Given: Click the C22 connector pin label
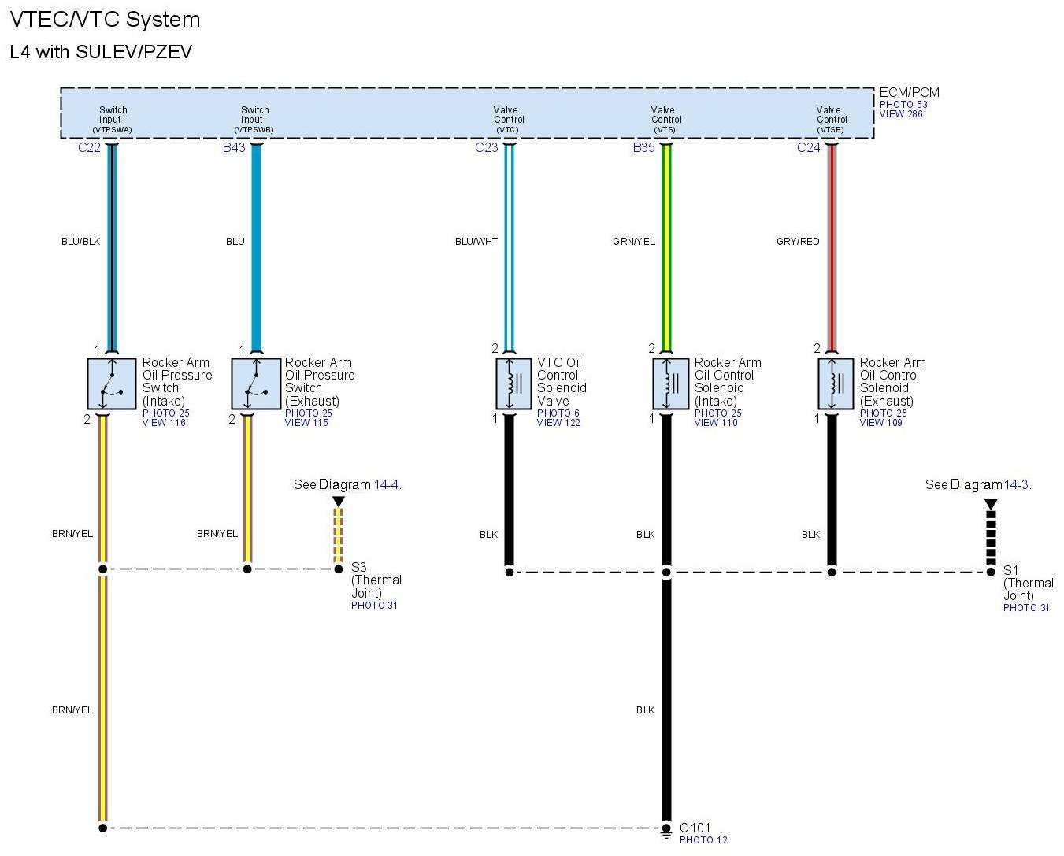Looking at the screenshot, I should (x=89, y=148).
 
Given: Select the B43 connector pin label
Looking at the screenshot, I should (x=234, y=148).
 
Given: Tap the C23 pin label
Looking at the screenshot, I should (x=487, y=148).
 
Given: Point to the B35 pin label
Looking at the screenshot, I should (x=643, y=148).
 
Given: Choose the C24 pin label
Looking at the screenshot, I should (x=809, y=148).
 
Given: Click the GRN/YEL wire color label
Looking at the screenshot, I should (x=633, y=242).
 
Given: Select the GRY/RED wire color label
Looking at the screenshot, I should (x=798, y=242).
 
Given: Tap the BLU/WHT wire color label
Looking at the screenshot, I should (x=476, y=242).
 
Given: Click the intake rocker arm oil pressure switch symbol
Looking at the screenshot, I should (x=111, y=384).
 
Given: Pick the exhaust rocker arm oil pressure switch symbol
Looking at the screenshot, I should (x=256, y=384).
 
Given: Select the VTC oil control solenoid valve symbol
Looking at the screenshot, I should (x=513, y=384).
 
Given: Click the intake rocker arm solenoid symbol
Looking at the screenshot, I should (x=670, y=384).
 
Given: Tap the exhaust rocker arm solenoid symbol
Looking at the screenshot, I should (x=836, y=384).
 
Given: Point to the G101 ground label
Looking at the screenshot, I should (x=695, y=828).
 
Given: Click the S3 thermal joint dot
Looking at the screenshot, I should (x=339, y=569).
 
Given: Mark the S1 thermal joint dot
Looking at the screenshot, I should (x=991, y=572).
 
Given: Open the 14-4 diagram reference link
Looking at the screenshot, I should (x=387, y=485).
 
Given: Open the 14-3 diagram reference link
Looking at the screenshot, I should (x=1017, y=485).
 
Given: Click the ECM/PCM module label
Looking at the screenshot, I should (x=909, y=93).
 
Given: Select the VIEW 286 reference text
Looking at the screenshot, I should (x=901, y=114).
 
